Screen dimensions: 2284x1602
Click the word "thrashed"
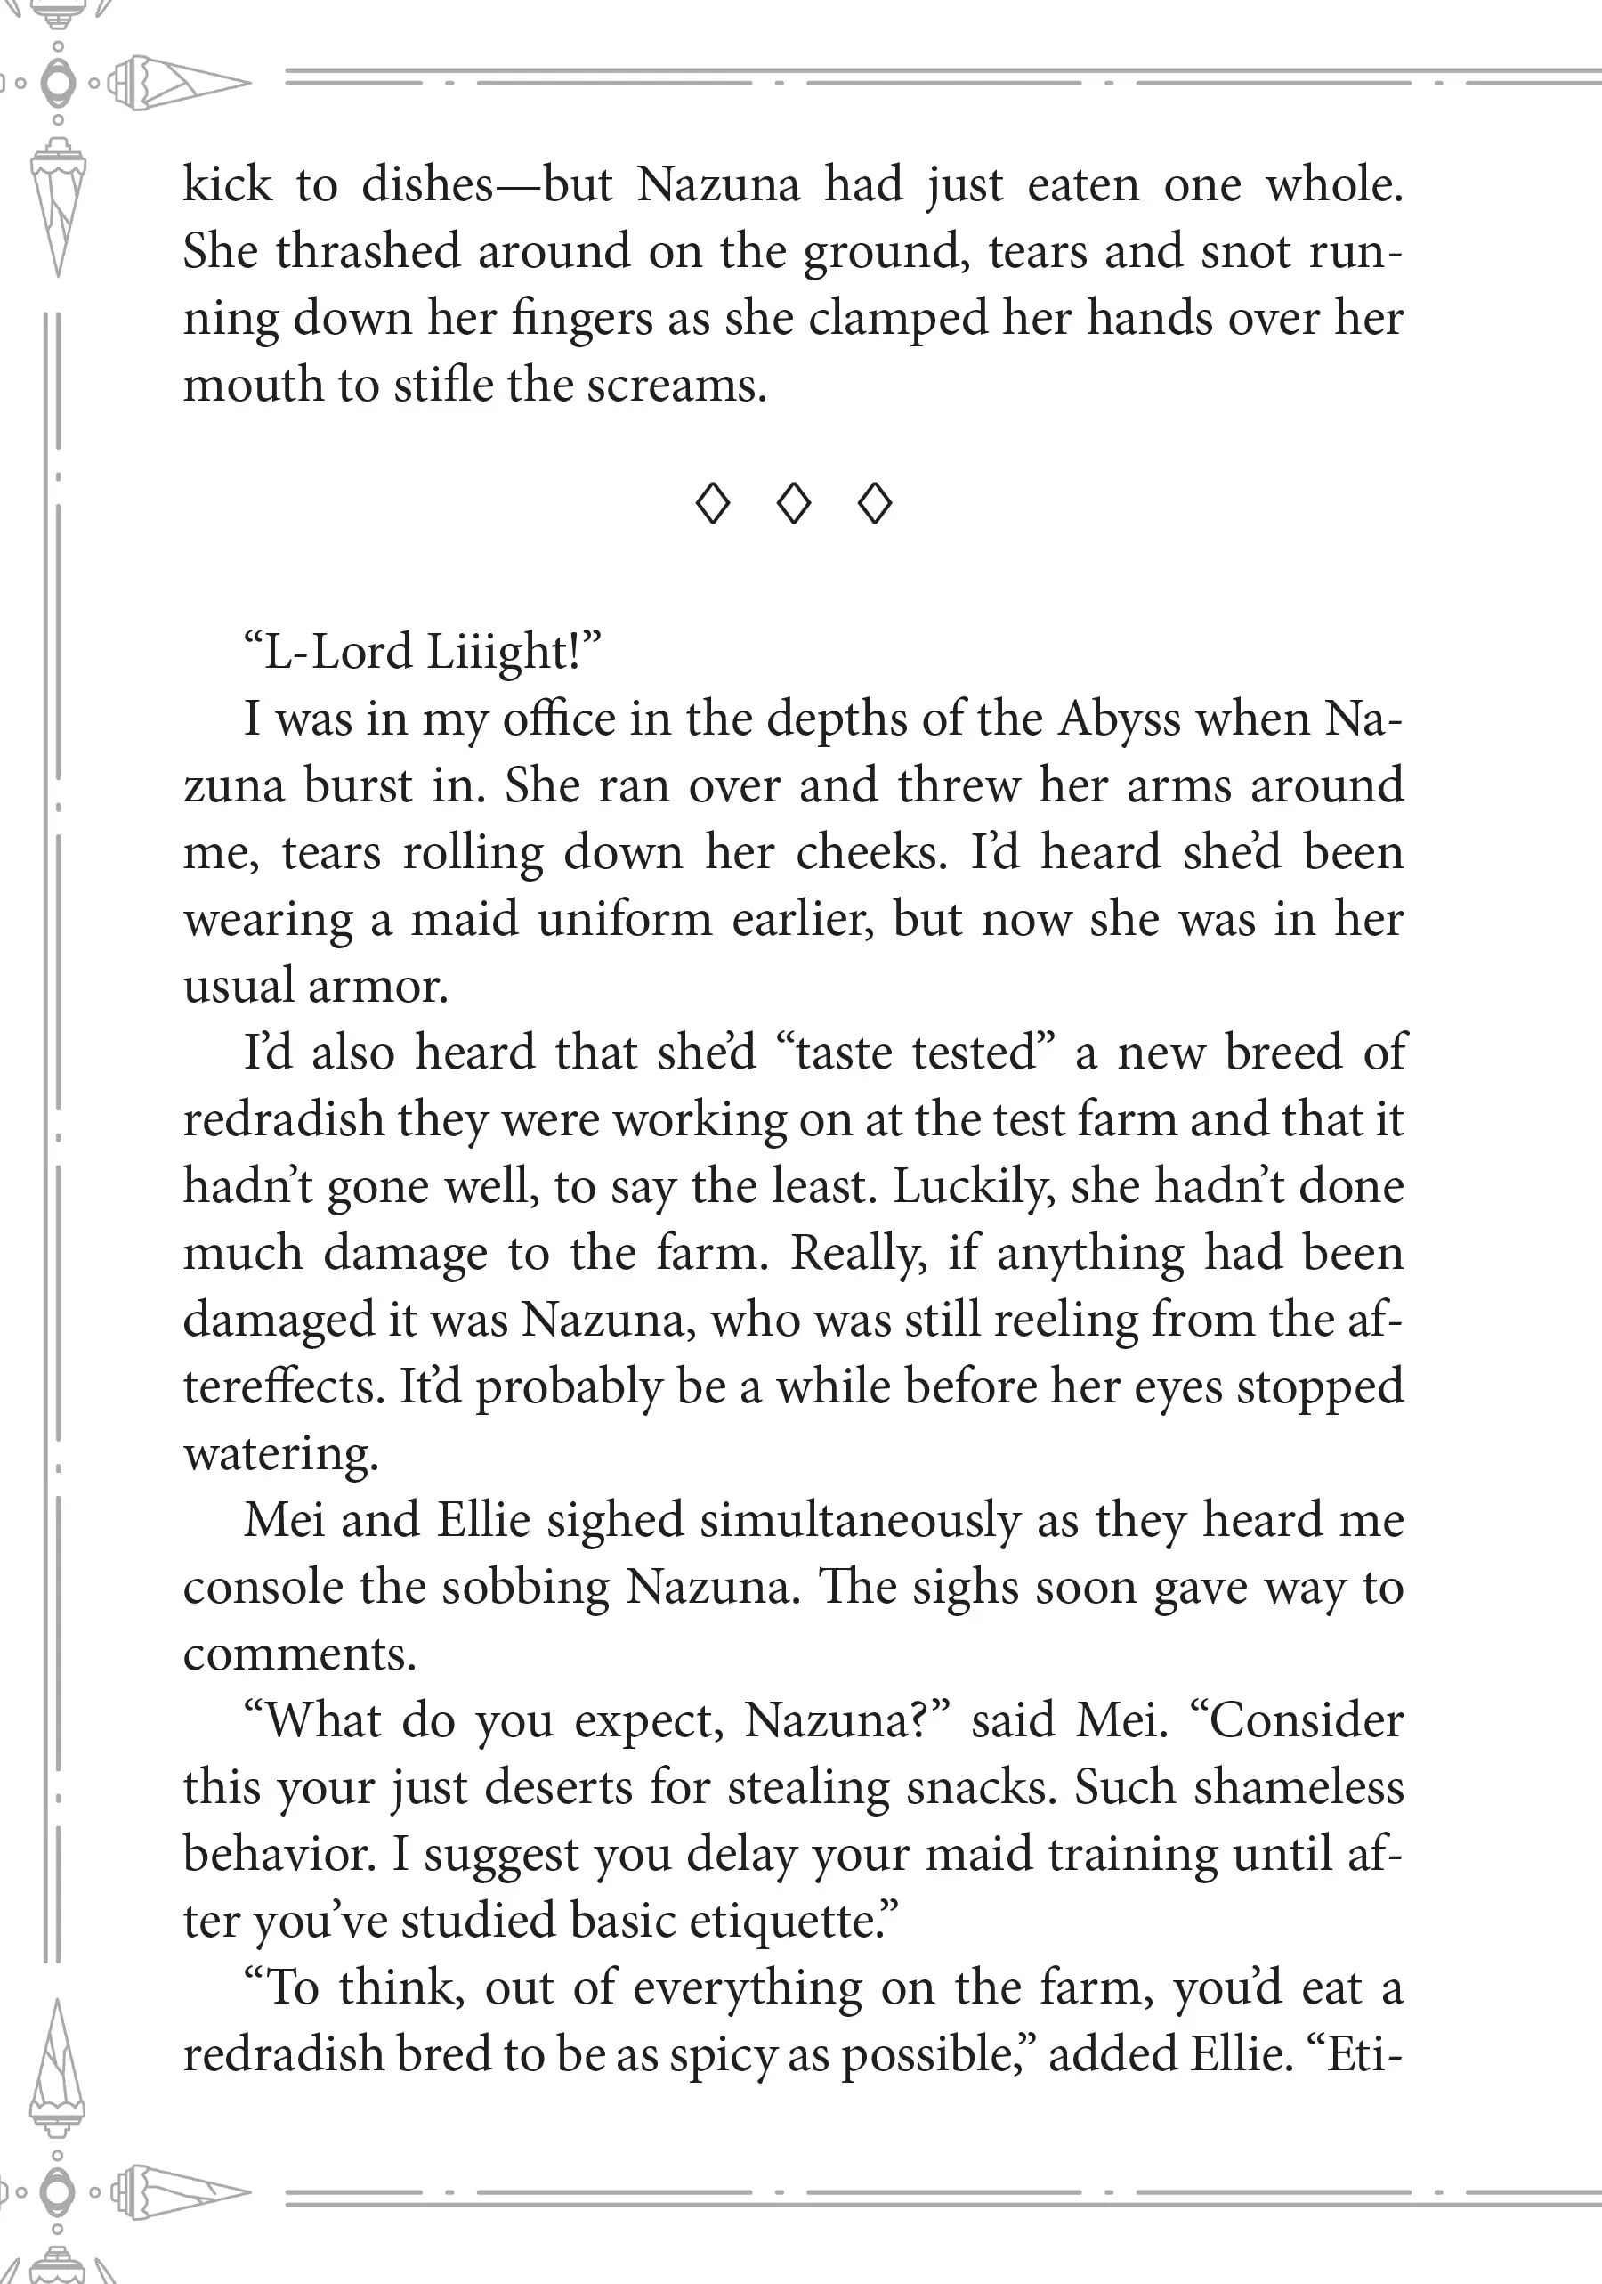point(368,251)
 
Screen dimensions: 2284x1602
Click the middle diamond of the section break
point(794,503)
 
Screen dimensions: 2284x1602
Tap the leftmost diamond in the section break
point(713,503)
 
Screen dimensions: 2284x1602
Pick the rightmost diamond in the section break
point(875,503)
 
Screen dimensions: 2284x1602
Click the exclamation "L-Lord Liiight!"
point(423,653)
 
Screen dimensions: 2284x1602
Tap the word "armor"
point(378,987)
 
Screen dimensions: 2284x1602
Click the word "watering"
point(281,1454)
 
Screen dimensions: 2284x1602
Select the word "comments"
point(299,1654)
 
